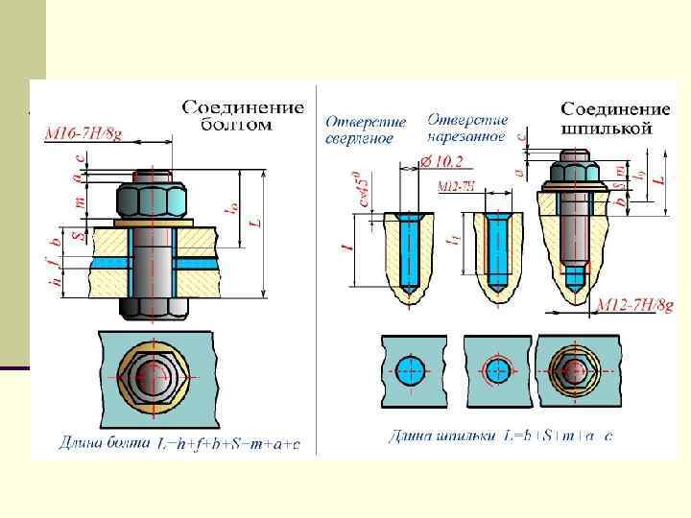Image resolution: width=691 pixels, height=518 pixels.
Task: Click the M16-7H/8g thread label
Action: pyautogui.click(x=83, y=135)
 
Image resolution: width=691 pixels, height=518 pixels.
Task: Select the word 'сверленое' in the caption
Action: pyautogui.click(x=358, y=139)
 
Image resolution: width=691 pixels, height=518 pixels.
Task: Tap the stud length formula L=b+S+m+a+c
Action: pyautogui.click(x=559, y=436)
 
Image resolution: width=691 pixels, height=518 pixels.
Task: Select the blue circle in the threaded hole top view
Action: pyautogui.click(x=497, y=370)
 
